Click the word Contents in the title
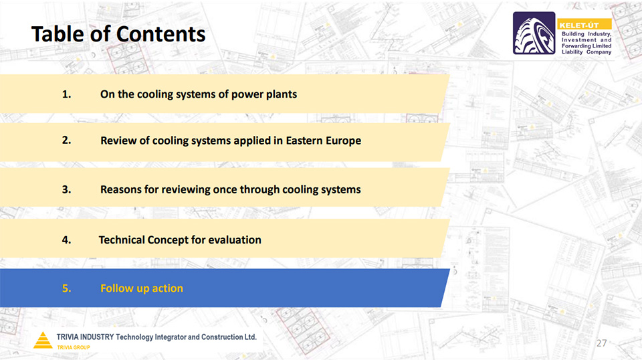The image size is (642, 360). (161, 34)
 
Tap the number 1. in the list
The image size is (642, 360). (66, 94)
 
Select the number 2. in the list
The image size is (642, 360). (66, 140)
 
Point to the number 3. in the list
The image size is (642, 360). (66, 189)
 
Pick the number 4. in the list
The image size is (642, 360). (66, 240)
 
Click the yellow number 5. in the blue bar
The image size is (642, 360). (66, 288)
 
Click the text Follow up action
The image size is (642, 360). (142, 288)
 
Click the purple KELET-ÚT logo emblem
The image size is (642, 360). (534, 33)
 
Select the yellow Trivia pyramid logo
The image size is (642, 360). (43, 340)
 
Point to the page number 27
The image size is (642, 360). (601, 343)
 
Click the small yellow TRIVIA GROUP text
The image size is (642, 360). (74, 347)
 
